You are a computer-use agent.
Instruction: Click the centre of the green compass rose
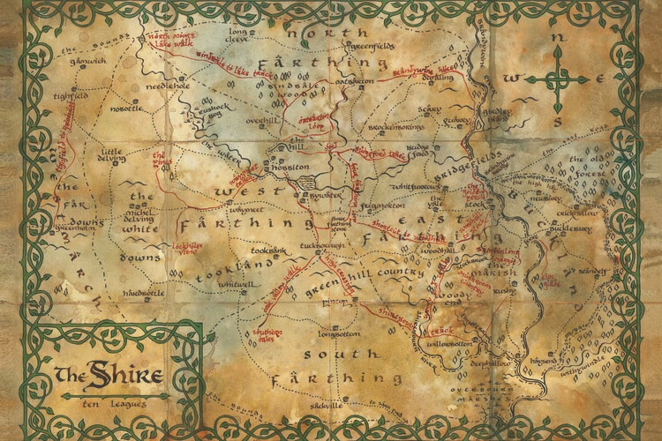pyautogui.click(x=559, y=81)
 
